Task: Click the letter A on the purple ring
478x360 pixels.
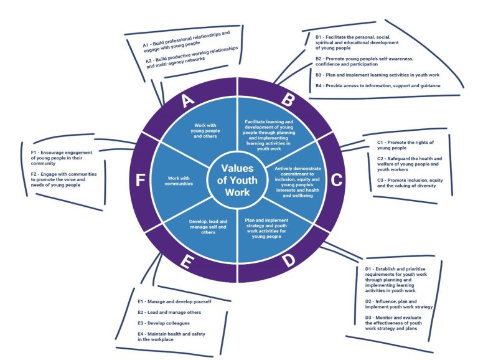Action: click(x=187, y=101)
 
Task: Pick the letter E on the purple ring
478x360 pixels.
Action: click(x=187, y=262)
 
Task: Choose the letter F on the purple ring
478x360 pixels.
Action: click(x=140, y=181)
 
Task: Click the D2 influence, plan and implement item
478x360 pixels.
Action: click(x=398, y=303)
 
